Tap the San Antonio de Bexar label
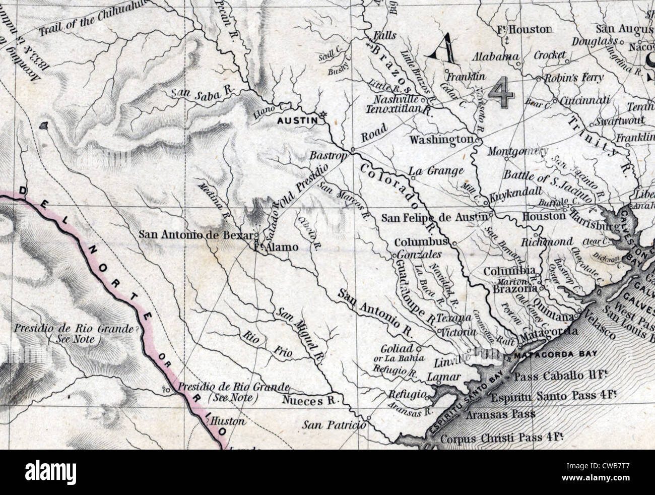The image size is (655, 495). click(x=196, y=234)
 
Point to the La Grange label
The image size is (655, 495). click(x=436, y=171)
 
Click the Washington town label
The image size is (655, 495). click(x=441, y=139)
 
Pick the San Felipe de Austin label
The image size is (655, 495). click(x=434, y=218)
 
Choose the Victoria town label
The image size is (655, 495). click(x=457, y=333)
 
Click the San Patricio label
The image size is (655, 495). click(x=334, y=425)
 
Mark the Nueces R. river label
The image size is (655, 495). click(x=309, y=401)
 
